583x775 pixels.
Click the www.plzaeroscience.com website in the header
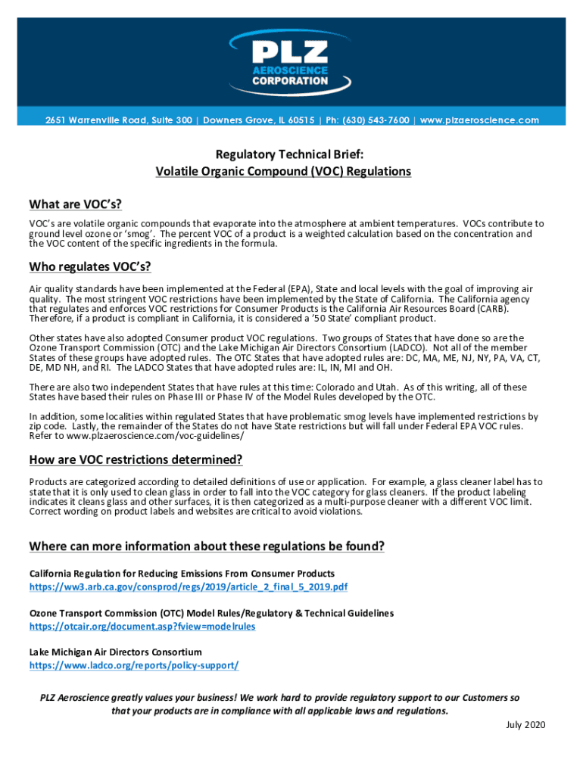point(479,120)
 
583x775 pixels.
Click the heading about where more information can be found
point(207,546)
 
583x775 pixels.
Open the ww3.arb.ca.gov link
point(189,587)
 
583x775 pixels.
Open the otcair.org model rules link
point(142,626)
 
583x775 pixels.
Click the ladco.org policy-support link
point(134,665)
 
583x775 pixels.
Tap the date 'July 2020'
point(525,725)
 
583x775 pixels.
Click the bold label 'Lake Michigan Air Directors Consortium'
point(116,652)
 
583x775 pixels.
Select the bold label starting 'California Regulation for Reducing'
point(182,573)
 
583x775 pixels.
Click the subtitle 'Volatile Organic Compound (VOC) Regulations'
point(283,171)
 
